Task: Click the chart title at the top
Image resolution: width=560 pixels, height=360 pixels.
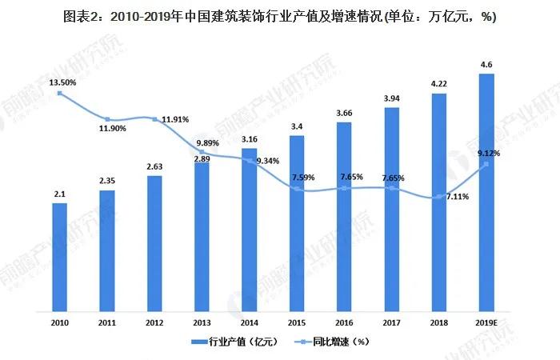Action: [279, 17]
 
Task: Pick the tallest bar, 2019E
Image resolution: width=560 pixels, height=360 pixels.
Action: [486, 192]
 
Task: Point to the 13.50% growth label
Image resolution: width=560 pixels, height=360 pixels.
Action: [62, 81]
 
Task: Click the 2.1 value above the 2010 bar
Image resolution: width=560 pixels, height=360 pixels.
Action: [60, 194]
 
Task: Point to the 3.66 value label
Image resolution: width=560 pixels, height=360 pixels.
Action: [344, 114]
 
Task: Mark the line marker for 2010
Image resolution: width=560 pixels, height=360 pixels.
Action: [60, 94]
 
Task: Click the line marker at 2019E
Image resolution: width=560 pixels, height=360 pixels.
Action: [486, 165]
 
